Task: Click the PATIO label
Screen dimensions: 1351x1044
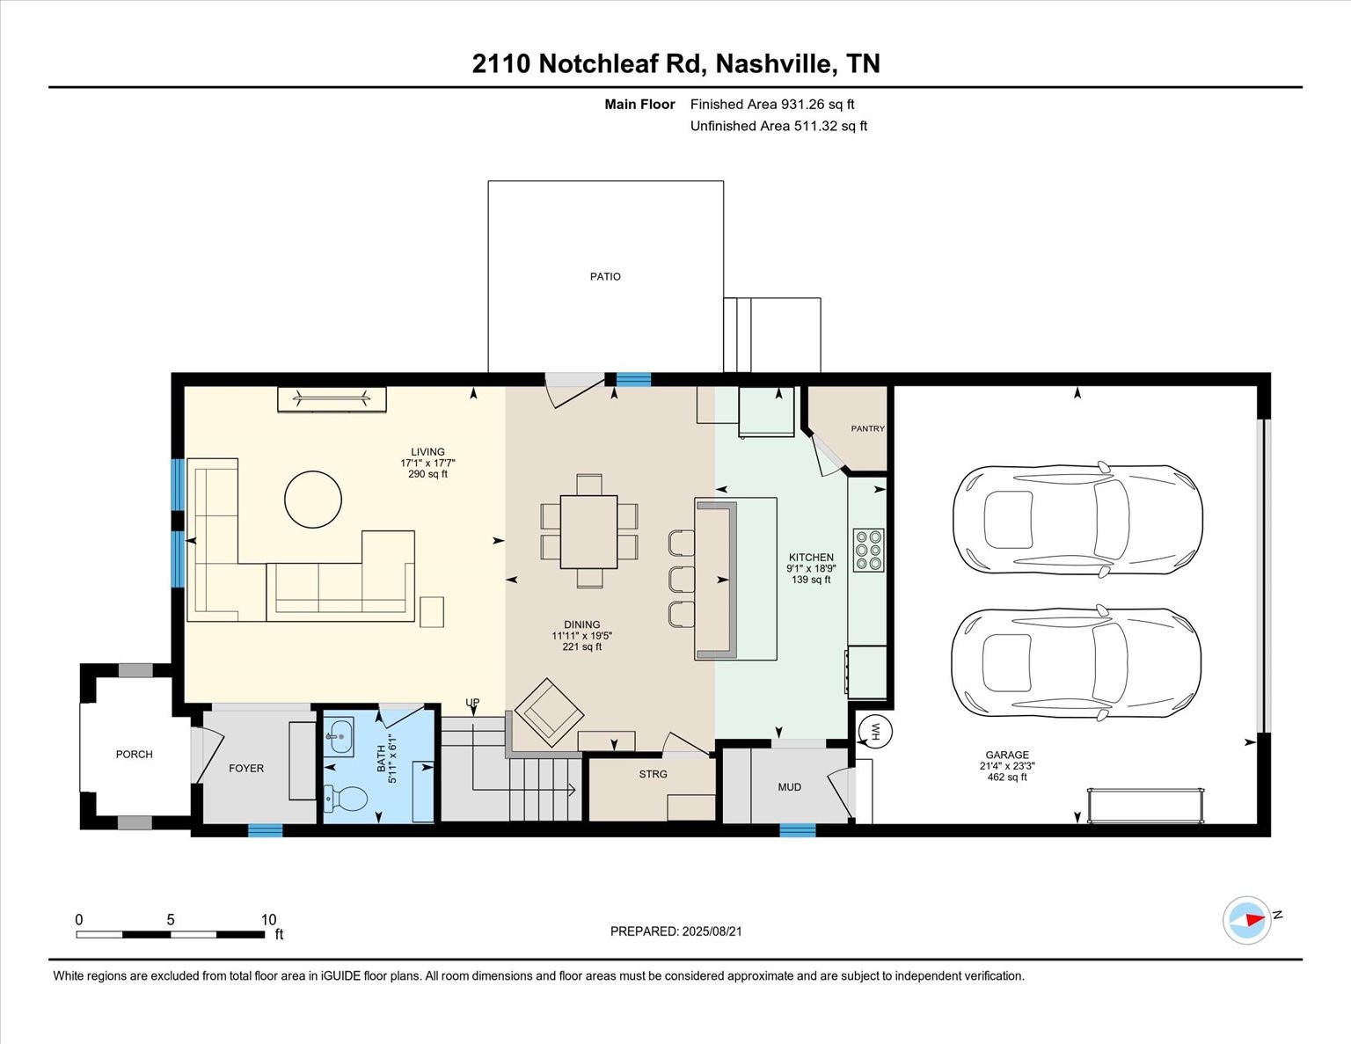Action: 605,276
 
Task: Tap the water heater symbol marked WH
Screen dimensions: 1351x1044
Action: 875,732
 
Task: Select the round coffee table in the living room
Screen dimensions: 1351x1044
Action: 313,499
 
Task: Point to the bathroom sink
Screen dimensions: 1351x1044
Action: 339,737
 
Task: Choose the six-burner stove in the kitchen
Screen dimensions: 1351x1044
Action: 868,550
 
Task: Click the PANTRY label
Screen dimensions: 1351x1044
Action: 867,429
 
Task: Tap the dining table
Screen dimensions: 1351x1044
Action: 588,532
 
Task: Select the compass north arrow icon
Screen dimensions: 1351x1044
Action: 1246,920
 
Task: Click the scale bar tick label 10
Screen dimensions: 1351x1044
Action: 268,920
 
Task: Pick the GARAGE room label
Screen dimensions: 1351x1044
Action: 1007,755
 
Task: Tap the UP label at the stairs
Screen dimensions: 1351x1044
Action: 472,702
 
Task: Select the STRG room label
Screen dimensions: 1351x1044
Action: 653,774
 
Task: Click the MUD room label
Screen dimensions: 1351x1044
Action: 790,787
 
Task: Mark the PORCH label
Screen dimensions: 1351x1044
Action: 135,755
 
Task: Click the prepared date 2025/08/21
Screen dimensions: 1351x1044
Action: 712,931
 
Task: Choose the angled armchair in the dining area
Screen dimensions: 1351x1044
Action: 549,712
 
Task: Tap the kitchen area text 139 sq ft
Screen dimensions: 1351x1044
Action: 811,580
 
